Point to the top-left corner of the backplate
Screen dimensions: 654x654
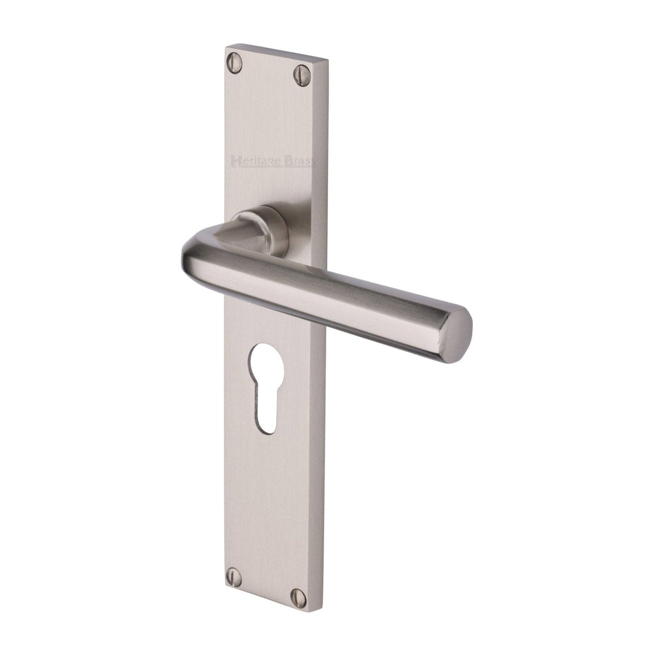pyautogui.click(x=225, y=48)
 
